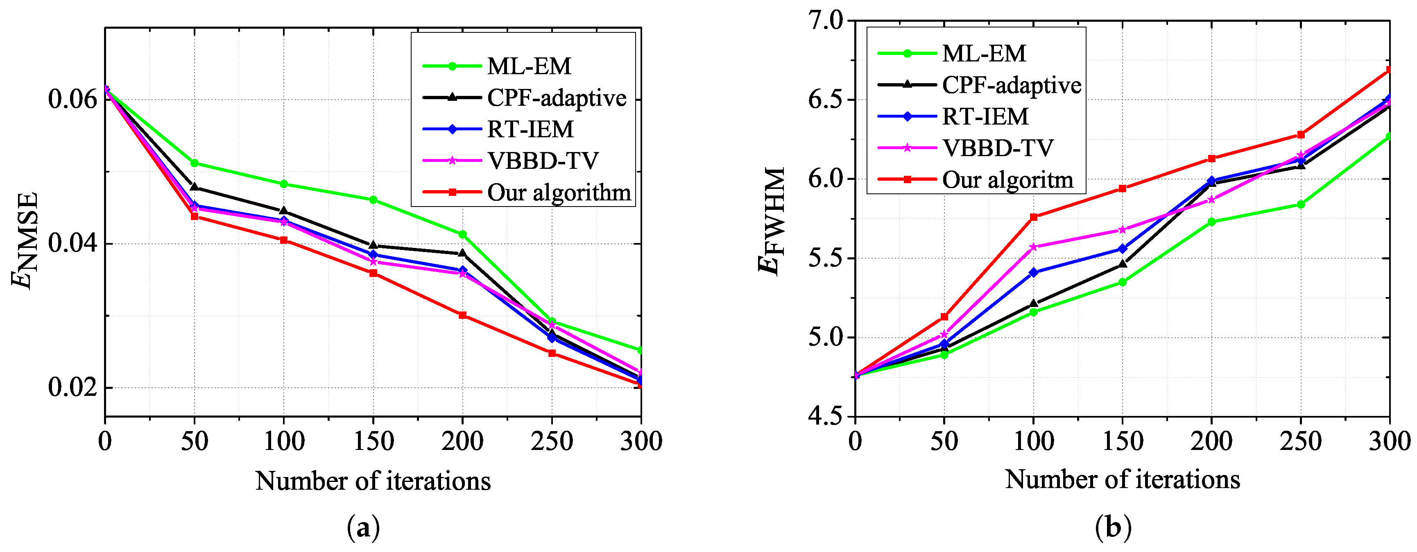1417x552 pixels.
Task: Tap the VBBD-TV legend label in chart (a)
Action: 542,161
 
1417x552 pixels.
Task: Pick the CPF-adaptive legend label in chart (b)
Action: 1012,85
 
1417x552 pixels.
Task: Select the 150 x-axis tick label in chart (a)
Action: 373,441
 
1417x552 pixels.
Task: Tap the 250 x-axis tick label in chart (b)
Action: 1300,441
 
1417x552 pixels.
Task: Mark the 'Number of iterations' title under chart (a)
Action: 373,481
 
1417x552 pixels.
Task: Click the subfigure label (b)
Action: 1113,528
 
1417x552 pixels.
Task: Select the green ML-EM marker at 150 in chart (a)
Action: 373,200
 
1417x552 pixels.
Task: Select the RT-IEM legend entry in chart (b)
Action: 985,116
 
